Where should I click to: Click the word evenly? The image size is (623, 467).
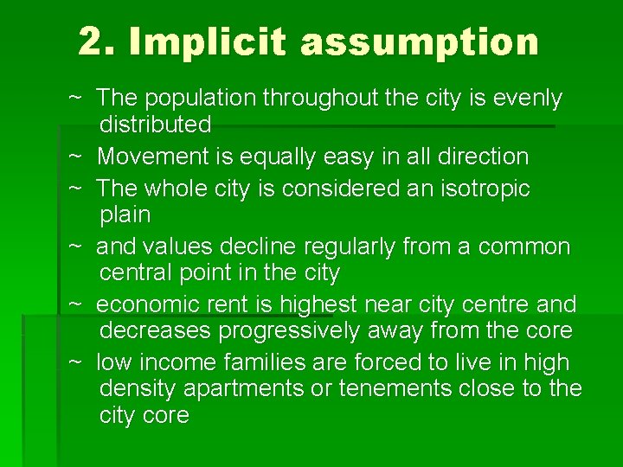(528, 99)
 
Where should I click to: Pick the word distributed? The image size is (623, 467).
(156, 125)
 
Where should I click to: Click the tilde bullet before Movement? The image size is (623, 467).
(75, 157)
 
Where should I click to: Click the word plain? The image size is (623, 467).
(125, 214)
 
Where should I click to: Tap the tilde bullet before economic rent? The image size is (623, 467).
(75, 304)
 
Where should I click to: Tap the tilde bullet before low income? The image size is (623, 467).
(75, 362)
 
